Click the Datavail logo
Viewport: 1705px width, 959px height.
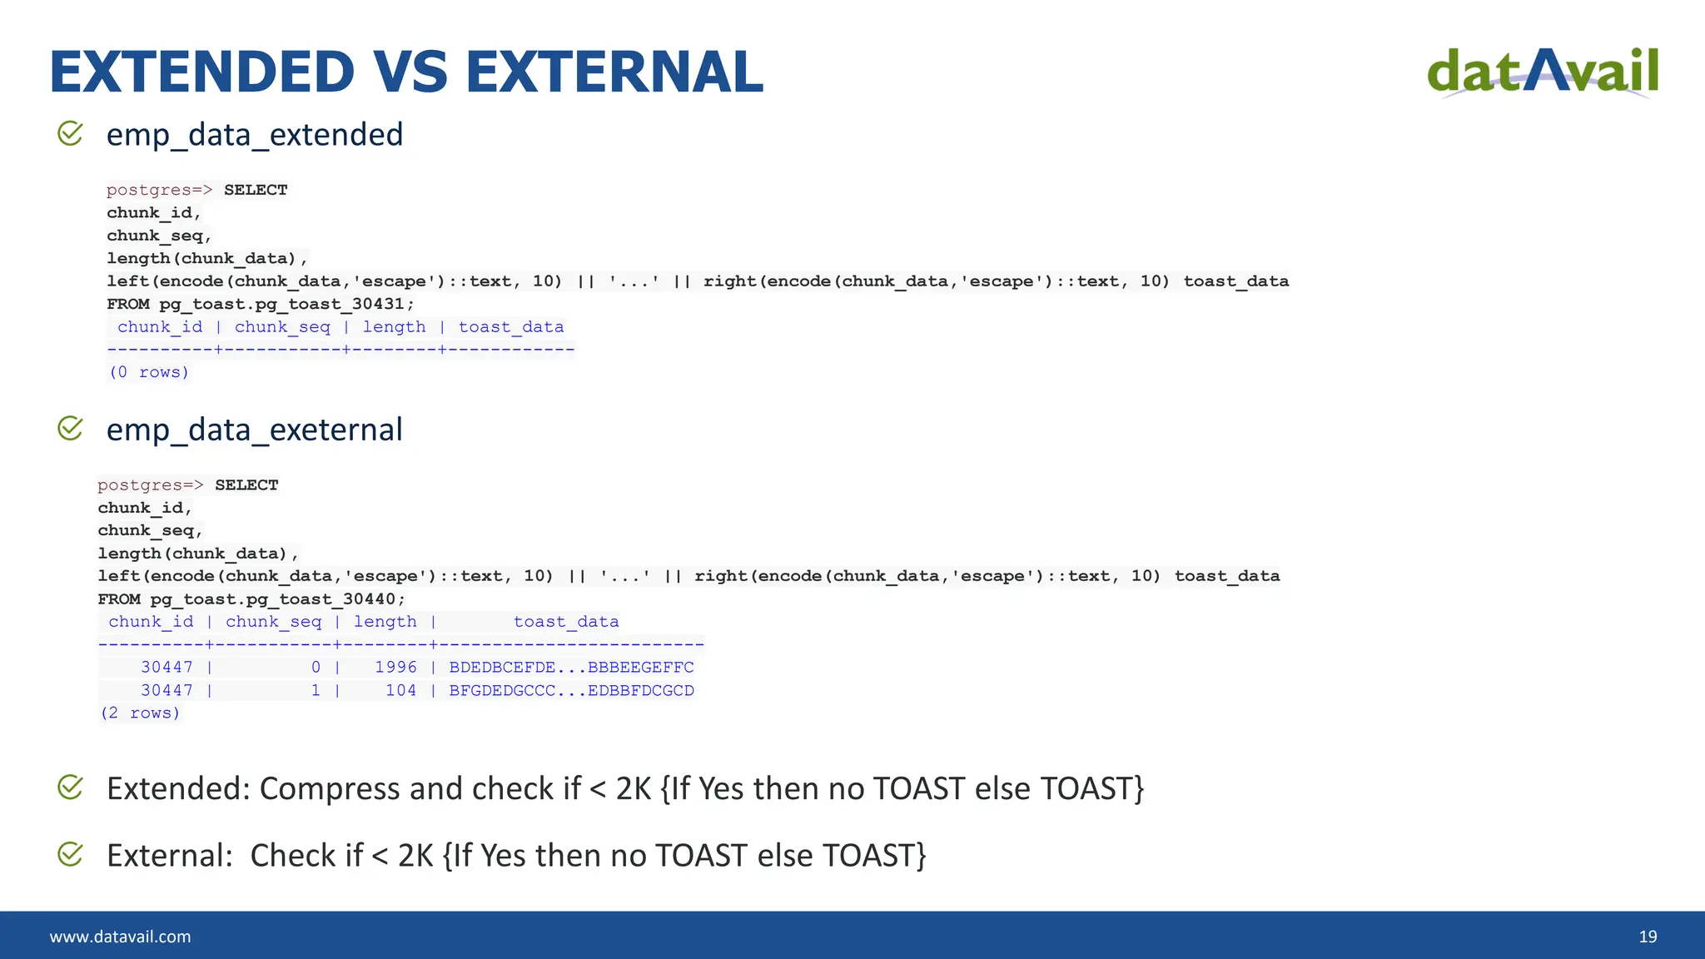pyautogui.click(x=1543, y=72)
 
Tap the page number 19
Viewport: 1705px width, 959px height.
pyautogui.click(x=1648, y=937)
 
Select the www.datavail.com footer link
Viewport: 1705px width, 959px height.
pyautogui.click(x=120, y=937)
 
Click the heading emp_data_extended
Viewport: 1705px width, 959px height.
pyautogui.click(x=255, y=135)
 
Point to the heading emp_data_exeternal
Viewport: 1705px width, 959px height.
pyautogui.click(x=255, y=430)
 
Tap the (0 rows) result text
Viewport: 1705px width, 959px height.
pyautogui.click(x=149, y=372)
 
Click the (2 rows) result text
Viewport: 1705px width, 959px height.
pyautogui.click(x=140, y=713)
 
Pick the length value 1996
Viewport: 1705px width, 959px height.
pyautogui.click(x=395, y=667)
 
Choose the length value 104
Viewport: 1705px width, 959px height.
pyautogui.click(x=400, y=690)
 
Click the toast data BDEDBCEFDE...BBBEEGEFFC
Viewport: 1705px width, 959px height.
pyautogui.click(x=571, y=667)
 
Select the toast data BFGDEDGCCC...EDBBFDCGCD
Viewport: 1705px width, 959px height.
pyautogui.click(x=571, y=690)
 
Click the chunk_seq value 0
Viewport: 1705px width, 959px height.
pyautogui.click(x=316, y=667)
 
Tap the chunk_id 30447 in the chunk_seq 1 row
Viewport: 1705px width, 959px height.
pyautogui.click(x=167, y=690)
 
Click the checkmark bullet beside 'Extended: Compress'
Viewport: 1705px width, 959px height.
pyautogui.click(x=70, y=787)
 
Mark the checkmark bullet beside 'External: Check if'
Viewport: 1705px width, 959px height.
pyautogui.click(x=70, y=853)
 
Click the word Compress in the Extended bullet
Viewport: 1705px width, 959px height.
pyautogui.click(x=330, y=789)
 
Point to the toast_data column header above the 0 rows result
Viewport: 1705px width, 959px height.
pyautogui.click(x=510, y=327)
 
